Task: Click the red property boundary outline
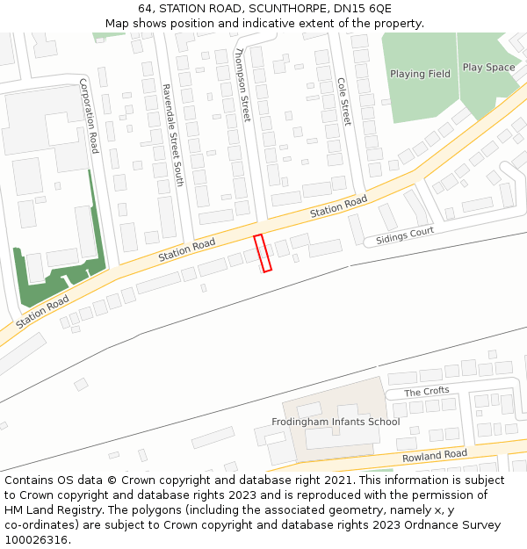click(x=263, y=253)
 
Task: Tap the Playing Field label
click(x=420, y=74)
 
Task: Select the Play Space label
click(x=488, y=68)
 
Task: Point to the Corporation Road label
click(x=89, y=116)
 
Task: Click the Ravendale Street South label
click(x=172, y=134)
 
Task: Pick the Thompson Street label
click(x=243, y=85)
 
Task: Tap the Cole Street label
click(x=344, y=101)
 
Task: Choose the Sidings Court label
click(x=405, y=235)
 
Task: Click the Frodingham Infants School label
click(x=336, y=422)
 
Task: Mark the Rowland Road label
click(x=434, y=456)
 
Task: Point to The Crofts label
click(x=426, y=391)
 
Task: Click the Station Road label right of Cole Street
click(x=338, y=208)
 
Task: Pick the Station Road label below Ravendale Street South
click(x=186, y=249)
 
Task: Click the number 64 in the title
click(x=145, y=9)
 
